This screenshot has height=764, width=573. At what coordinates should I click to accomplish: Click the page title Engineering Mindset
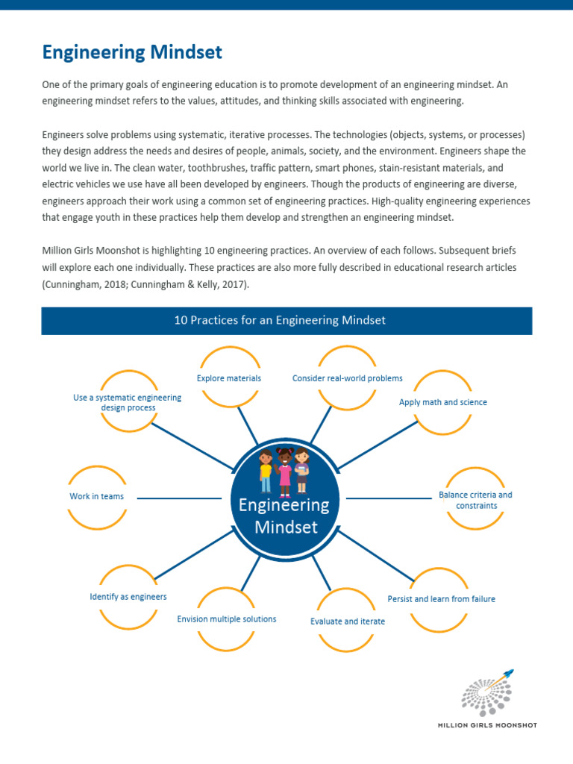click(132, 52)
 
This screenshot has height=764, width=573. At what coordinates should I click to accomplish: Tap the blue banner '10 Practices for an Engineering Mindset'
click(286, 321)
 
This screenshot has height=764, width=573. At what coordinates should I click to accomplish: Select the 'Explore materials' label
click(229, 378)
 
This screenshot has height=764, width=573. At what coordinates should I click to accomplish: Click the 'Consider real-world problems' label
click(347, 378)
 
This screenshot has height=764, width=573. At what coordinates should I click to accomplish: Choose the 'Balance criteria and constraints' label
click(475, 500)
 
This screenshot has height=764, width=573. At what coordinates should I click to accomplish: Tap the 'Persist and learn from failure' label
click(441, 599)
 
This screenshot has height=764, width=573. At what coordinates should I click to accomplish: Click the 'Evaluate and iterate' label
click(348, 621)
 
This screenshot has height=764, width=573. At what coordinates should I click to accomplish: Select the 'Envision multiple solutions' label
click(227, 619)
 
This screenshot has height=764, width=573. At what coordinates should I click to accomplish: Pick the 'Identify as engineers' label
click(128, 597)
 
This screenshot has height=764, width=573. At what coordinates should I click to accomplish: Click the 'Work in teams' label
click(97, 496)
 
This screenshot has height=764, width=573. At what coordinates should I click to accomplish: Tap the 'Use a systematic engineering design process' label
click(127, 403)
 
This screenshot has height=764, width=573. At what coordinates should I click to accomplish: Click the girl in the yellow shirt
click(266, 471)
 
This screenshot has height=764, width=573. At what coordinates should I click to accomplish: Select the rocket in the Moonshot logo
click(507, 676)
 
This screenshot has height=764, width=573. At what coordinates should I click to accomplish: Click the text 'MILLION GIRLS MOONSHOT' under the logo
click(486, 724)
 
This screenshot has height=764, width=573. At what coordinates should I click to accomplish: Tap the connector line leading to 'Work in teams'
click(179, 498)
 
